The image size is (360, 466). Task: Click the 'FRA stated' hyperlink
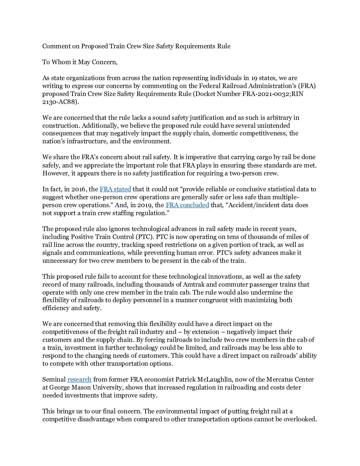coord(115,189)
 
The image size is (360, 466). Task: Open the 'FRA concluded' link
coord(187,205)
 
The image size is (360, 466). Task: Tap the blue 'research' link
coord(79,380)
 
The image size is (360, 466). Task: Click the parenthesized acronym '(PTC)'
coord(145,237)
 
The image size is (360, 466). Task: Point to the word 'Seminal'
coord(54,380)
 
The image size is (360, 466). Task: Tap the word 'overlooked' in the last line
coord(300,419)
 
